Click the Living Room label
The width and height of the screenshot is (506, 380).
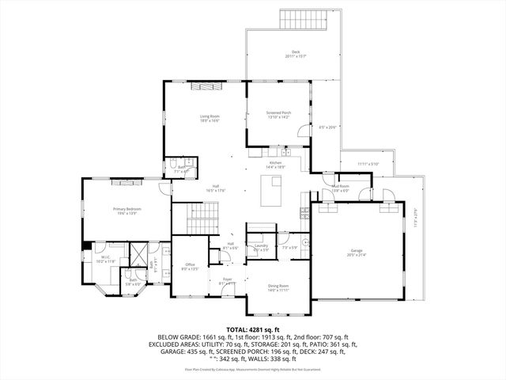(209, 116)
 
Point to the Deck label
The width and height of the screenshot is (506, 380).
(295, 52)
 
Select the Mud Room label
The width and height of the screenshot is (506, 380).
(340, 187)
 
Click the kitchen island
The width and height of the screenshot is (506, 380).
(276, 190)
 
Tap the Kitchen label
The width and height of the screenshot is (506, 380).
(275, 163)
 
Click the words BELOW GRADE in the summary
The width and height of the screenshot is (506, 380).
(177, 336)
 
